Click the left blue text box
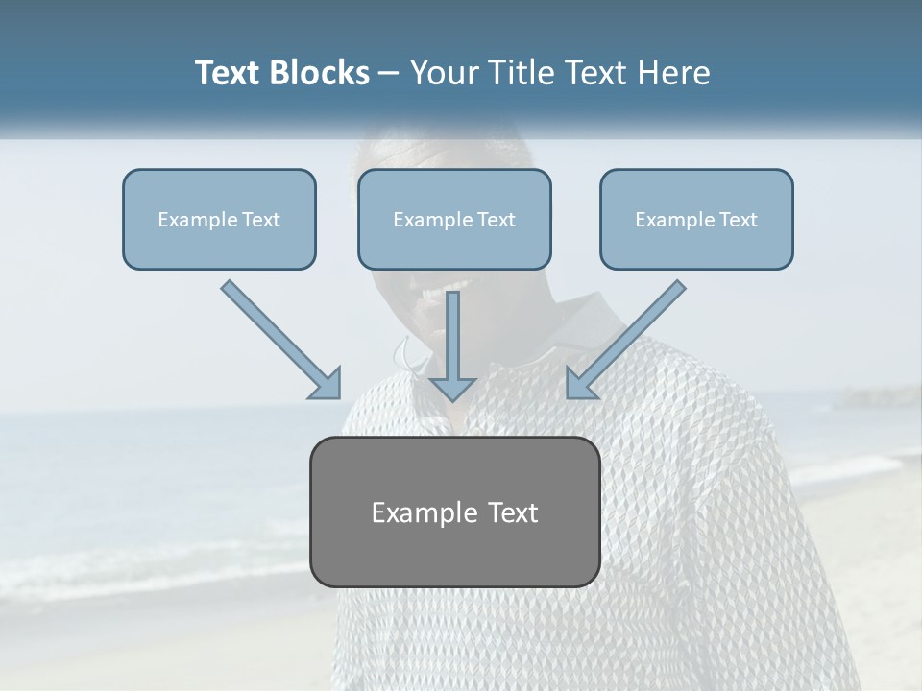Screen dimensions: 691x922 pyautogui.click(x=219, y=219)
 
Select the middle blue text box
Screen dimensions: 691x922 pyautogui.click(x=454, y=219)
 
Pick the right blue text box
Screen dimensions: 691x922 pyautogui.click(x=696, y=219)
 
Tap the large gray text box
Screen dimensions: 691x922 pyautogui.click(x=455, y=512)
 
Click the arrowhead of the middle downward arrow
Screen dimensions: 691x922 pyautogui.click(x=452, y=388)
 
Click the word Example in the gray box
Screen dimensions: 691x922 pyautogui.click(x=423, y=512)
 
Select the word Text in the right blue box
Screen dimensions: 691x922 pyautogui.click(x=738, y=220)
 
